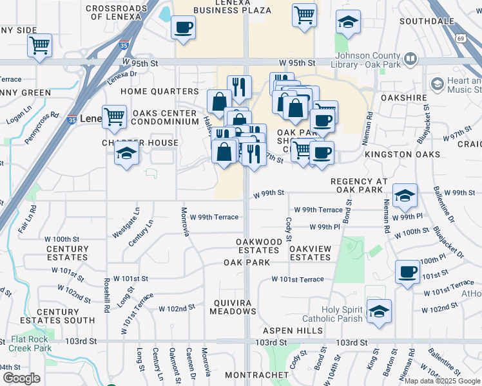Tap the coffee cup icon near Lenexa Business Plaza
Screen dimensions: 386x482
[184, 28]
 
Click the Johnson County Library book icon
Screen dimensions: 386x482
[410, 60]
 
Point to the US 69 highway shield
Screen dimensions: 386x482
[461, 39]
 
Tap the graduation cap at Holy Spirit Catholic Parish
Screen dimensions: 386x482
[379, 311]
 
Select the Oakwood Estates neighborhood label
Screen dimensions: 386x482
[258, 246]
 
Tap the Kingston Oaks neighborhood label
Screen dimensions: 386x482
[402, 155]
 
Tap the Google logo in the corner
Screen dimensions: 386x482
[21, 378]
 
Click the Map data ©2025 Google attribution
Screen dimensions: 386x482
[441, 381]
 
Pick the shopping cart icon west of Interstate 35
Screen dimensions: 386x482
[39, 46]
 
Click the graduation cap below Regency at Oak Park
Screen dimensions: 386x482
[405, 196]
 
